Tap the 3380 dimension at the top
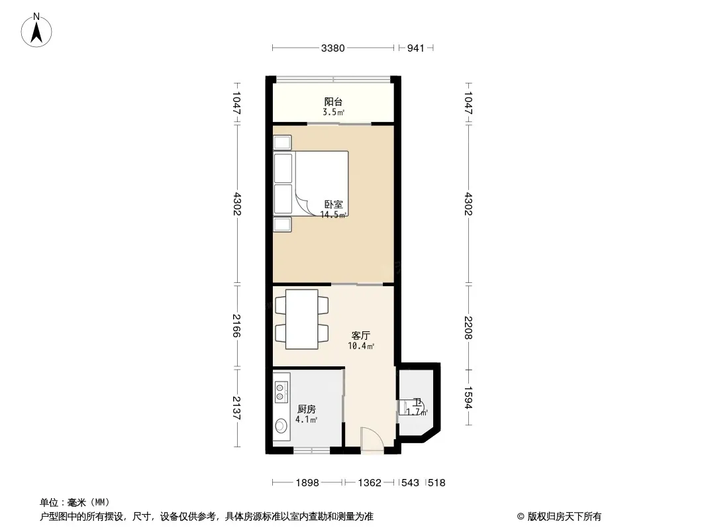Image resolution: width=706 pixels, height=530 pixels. coord(332,48)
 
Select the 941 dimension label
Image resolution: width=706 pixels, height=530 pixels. coord(415,48)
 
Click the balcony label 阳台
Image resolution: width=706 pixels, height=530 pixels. coord(333,102)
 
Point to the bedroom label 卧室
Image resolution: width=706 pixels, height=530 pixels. coord(333,205)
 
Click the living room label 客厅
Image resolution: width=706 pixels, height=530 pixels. coord(361,335)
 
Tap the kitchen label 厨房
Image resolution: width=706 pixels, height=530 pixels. coord(307,409)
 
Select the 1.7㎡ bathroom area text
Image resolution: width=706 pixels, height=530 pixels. coord(417,412)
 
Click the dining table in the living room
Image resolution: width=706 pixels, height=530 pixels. coord(301,319)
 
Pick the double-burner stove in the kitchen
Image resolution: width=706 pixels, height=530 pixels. coord(281,391)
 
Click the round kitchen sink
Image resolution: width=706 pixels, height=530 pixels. coord(281,425)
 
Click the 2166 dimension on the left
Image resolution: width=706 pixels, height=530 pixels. coord(237,325)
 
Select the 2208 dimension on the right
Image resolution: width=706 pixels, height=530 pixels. coord(468,327)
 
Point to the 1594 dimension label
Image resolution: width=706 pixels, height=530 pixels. coord(468,397)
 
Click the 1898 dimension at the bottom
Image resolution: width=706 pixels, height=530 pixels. coord(307,483)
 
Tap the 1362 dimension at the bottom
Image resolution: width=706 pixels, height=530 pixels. coord(370,483)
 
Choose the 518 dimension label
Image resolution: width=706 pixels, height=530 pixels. coord(436,483)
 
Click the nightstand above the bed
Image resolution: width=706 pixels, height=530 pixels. coord(282,142)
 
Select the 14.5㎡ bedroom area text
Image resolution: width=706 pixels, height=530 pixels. coord(334,215)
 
